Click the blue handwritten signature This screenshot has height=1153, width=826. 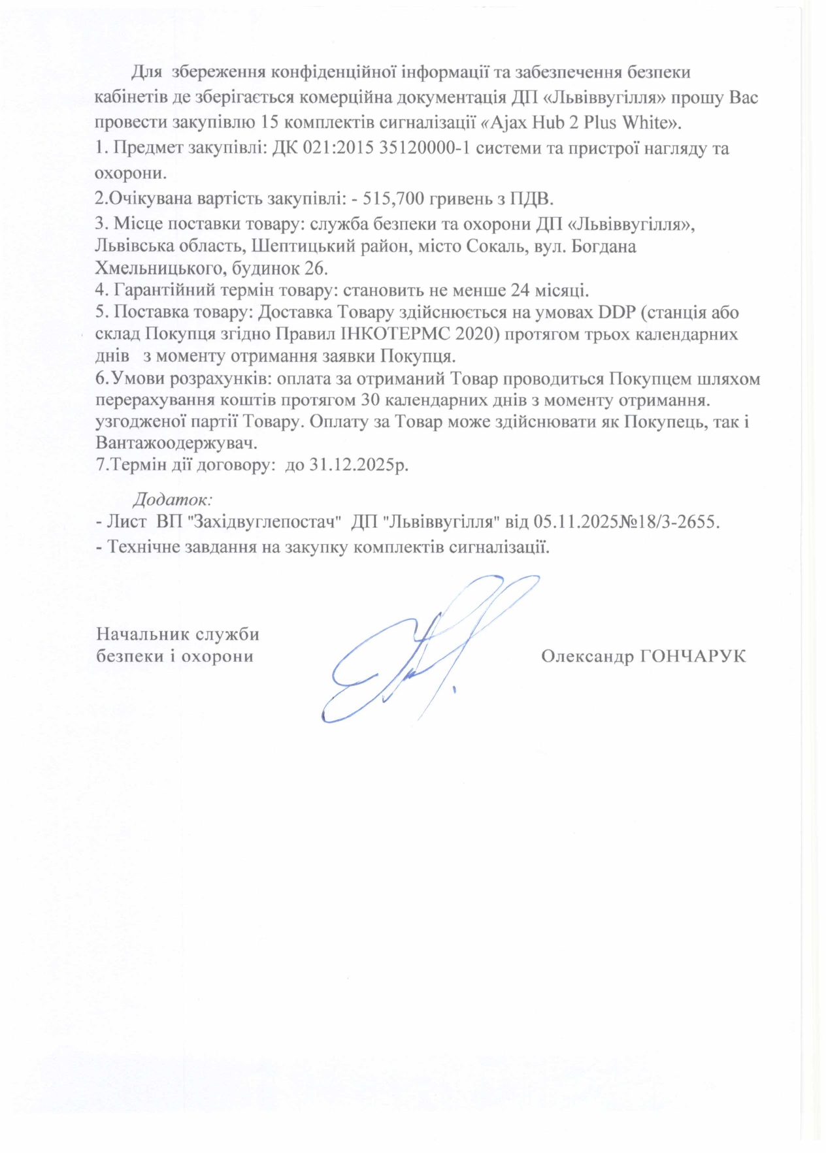(418, 647)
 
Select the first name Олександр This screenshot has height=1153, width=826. (585, 656)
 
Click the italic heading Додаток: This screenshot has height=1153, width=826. (173, 500)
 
